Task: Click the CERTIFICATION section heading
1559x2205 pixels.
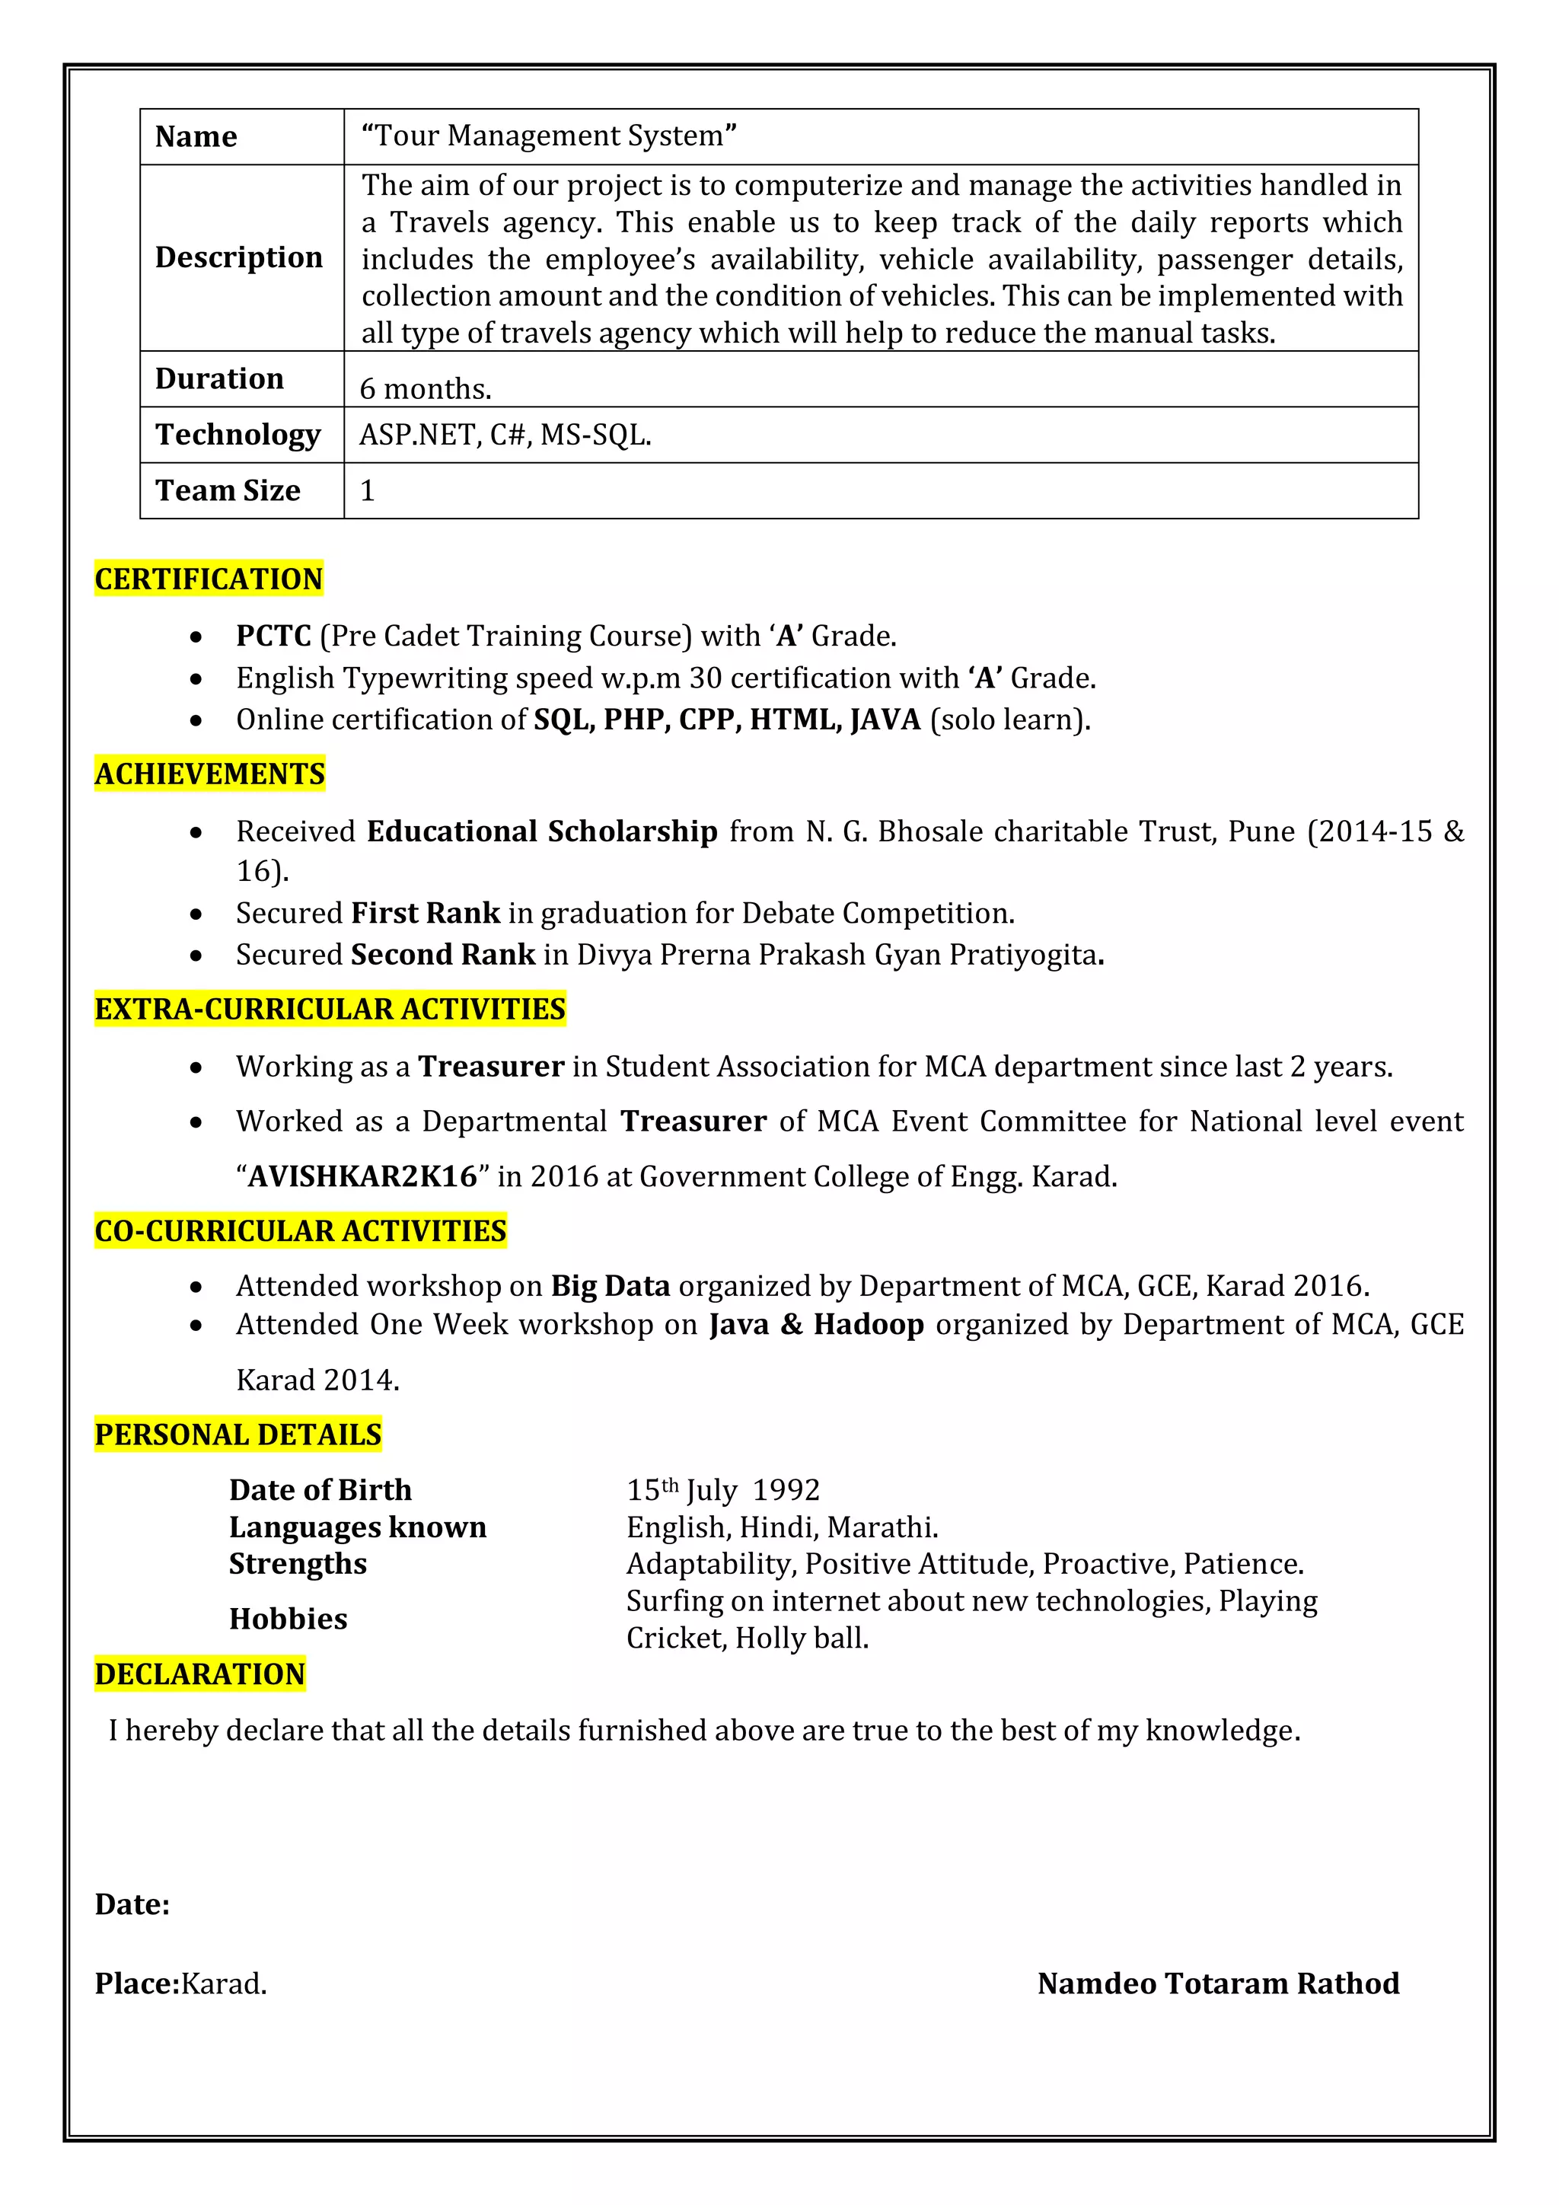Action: (x=209, y=579)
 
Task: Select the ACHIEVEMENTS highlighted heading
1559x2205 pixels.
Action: (x=209, y=774)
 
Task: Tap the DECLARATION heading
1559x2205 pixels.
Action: (x=199, y=1674)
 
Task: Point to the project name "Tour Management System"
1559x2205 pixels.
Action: (x=549, y=136)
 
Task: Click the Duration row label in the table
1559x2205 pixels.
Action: (x=220, y=378)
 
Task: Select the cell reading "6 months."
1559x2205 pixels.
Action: (x=426, y=388)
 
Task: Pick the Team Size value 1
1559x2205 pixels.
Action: (x=367, y=491)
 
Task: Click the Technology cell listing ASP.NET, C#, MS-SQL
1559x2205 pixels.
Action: (x=505, y=435)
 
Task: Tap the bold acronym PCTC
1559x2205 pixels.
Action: (x=273, y=636)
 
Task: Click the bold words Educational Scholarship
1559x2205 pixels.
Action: (x=543, y=831)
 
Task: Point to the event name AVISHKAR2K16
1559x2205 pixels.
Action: (x=362, y=1176)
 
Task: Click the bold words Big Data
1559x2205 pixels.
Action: (x=610, y=1286)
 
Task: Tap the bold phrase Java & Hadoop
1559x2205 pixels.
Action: (x=816, y=1324)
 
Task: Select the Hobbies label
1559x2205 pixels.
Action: (x=288, y=1619)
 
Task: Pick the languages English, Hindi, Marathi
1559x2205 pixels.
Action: (x=783, y=1527)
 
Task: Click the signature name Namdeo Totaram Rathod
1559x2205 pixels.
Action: (x=1218, y=1983)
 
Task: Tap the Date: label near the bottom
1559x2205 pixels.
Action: (x=132, y=1904)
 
